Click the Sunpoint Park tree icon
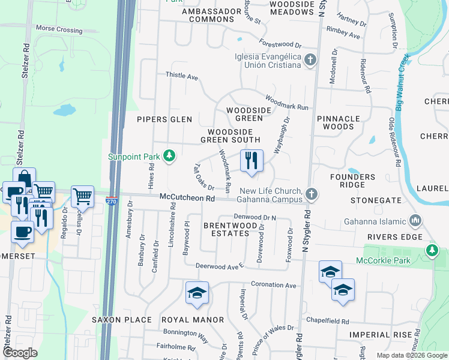pos(170,157)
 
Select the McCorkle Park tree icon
pos(431,250)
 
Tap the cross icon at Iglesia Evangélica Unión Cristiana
pos(310,60)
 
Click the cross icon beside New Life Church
pos(310,194)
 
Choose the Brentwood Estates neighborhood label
pos(226,229)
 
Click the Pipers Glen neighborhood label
pos(164,119)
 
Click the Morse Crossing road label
pos(59,29)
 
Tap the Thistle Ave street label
pos(182,77)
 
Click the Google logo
pos(20,353)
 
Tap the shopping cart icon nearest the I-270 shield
pos(82,196)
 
